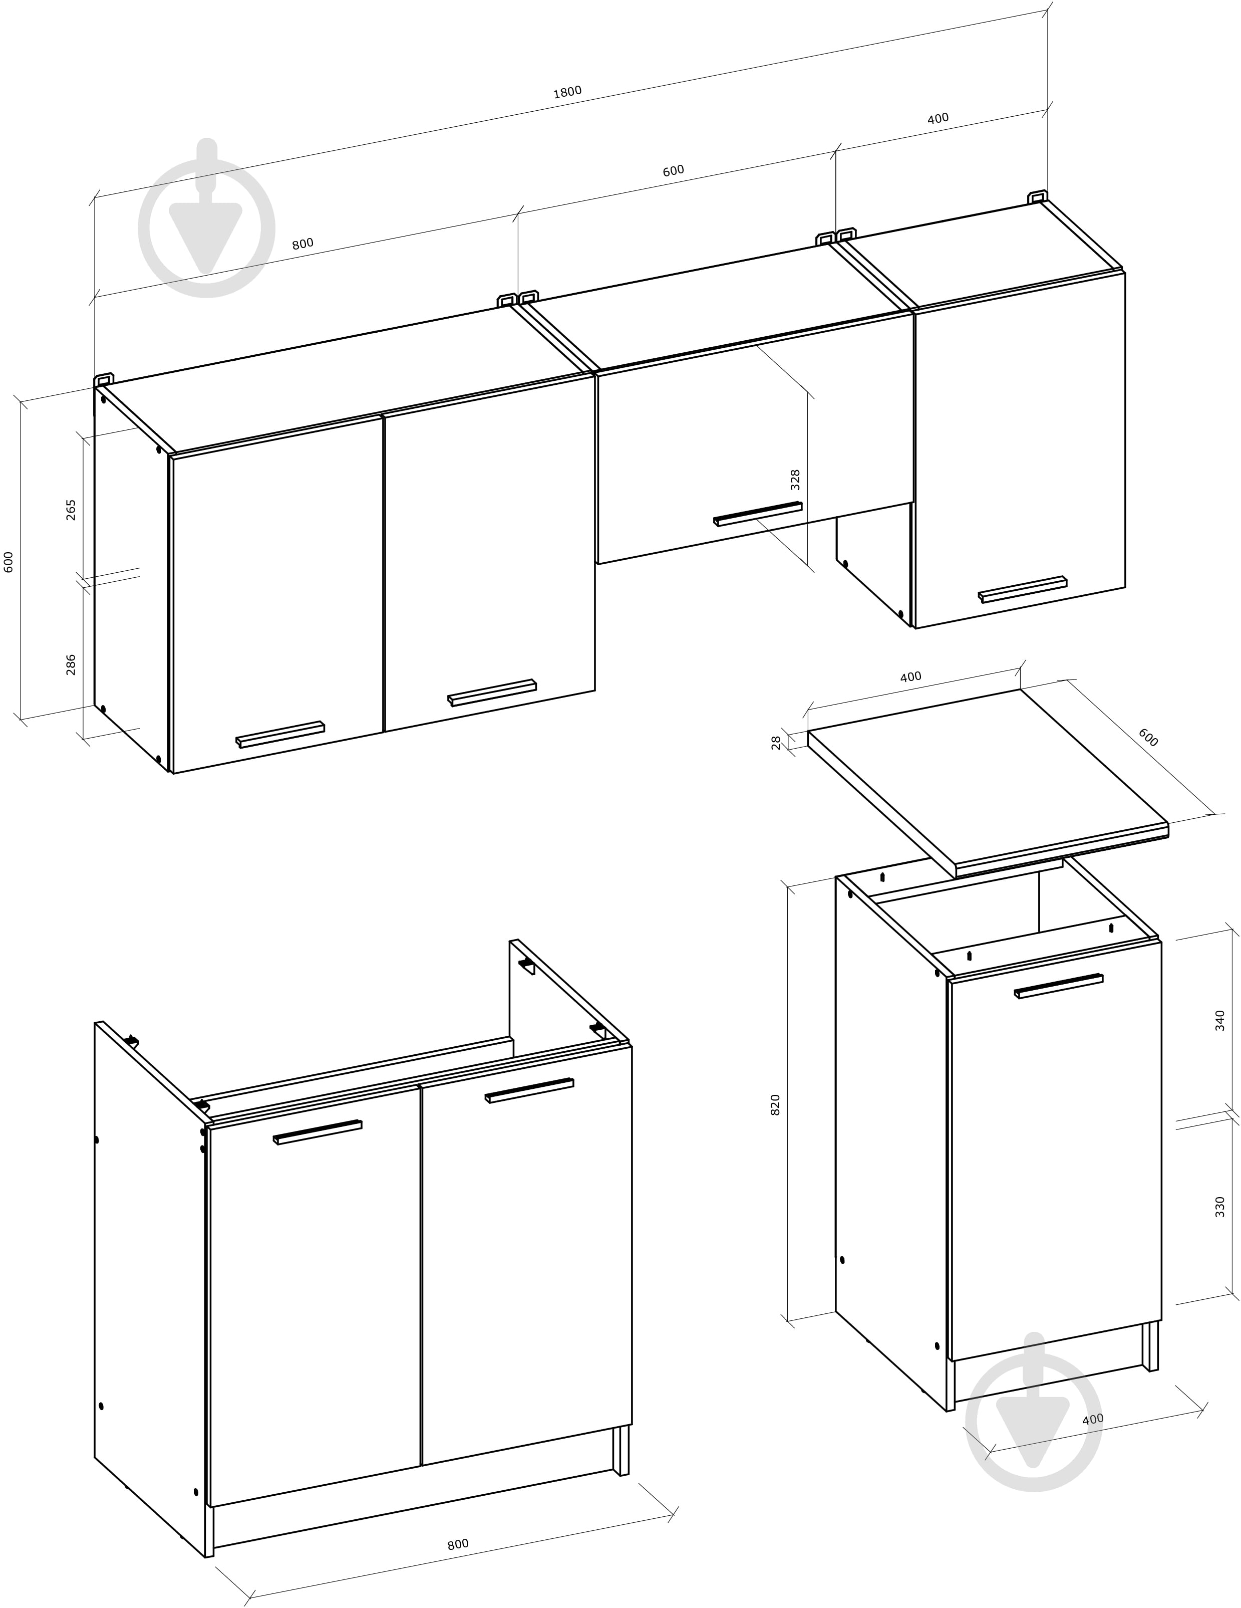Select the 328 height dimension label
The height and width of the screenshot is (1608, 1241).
795,480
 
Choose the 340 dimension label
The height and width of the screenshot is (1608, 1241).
1219,1020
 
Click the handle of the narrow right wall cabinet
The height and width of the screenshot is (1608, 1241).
1022,589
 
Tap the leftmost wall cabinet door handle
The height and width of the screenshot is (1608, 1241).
280,735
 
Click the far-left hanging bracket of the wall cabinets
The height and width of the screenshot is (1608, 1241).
104,379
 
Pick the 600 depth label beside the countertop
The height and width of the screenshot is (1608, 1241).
1147,737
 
